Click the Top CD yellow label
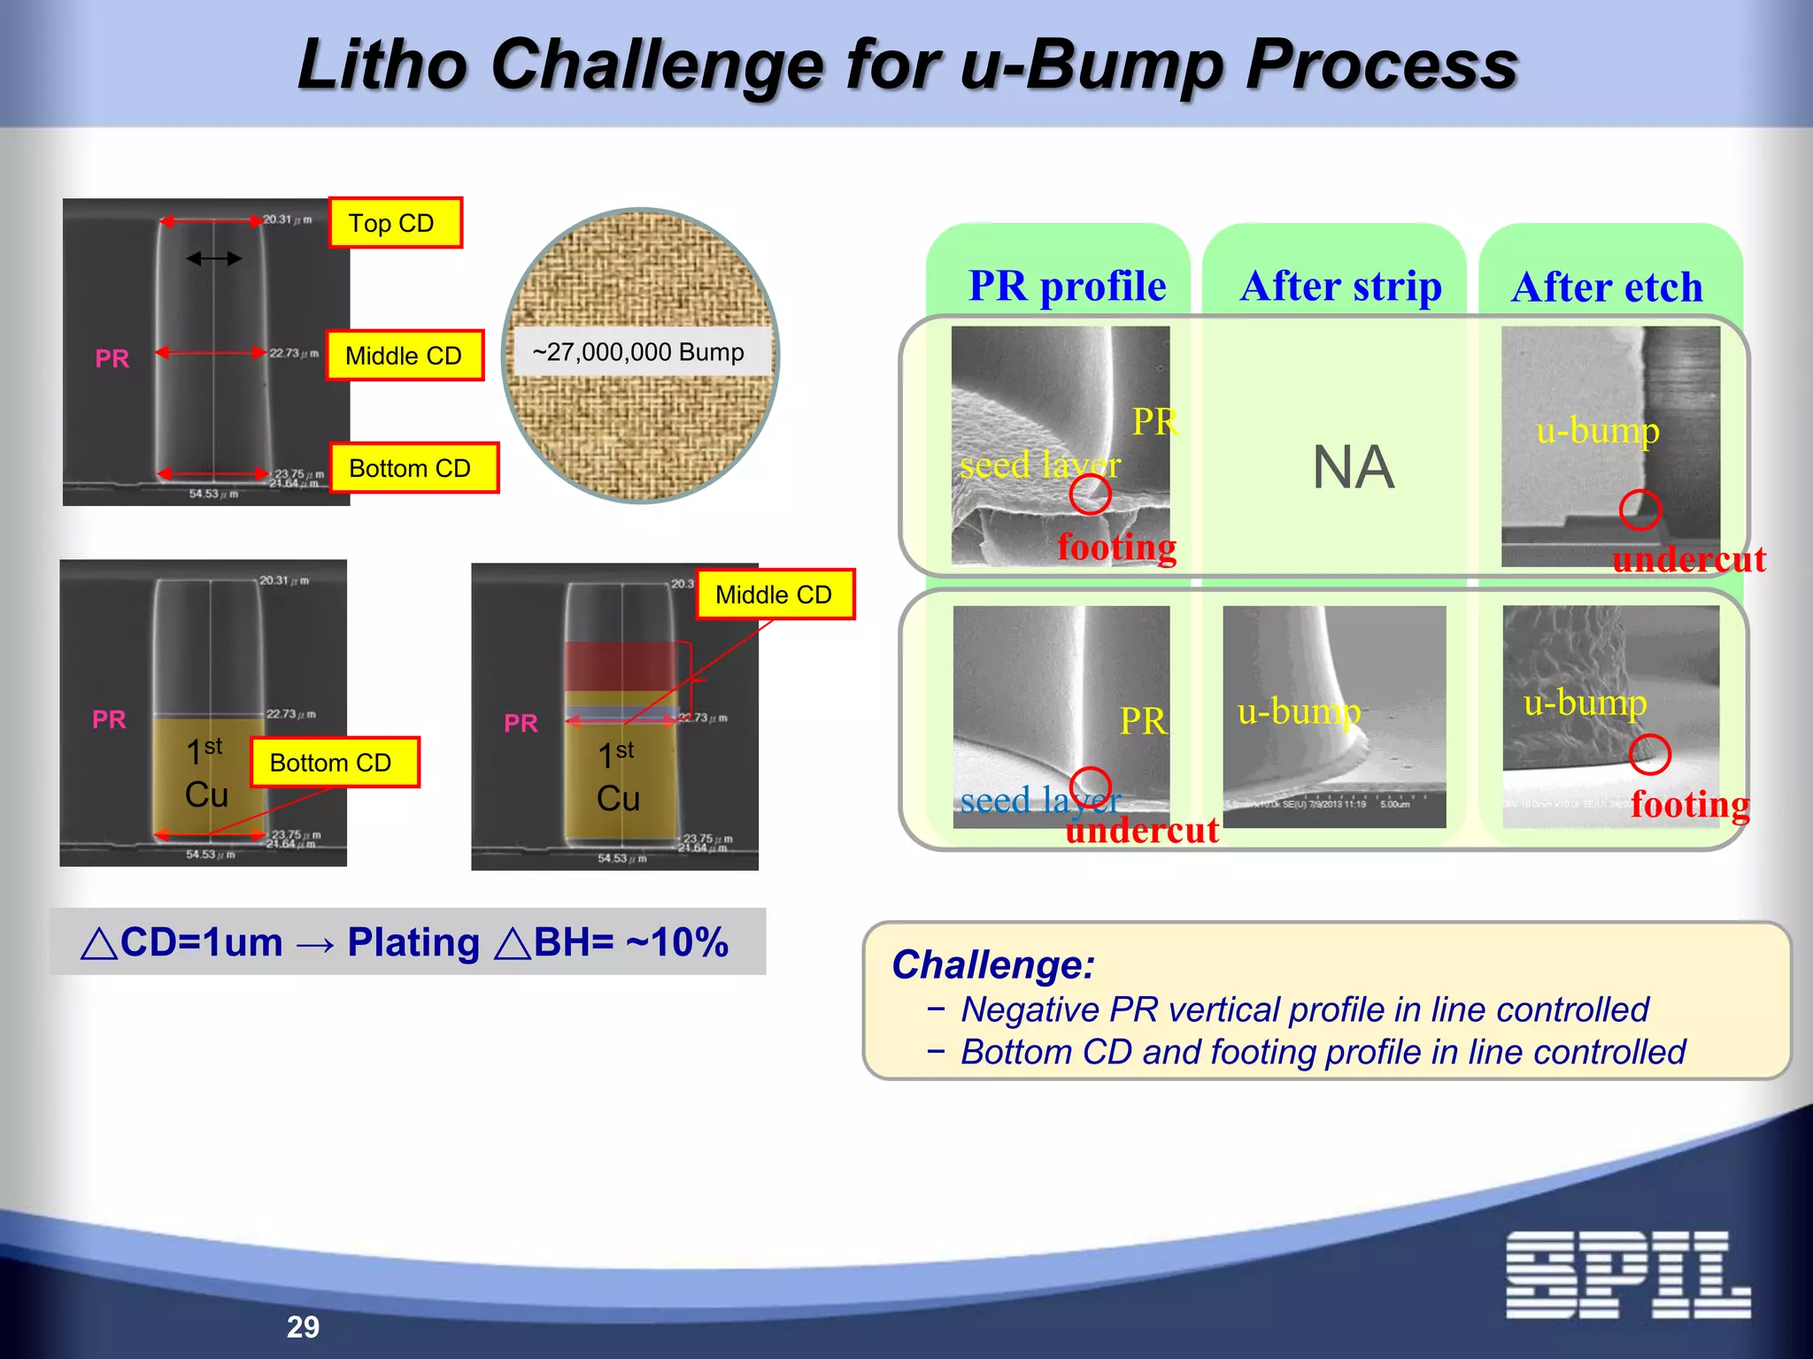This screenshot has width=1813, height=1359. coord(395,223)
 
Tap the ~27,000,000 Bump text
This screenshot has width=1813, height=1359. coord(638,352)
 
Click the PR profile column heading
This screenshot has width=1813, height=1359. coord(1067,286)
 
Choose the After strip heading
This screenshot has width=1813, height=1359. coord(1340,286)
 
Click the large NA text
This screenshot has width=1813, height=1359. coord(1353,467)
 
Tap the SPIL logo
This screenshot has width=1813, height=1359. coord(1627,1275)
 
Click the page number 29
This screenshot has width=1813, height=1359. coord(303,1326)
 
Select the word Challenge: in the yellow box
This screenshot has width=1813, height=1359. coord(992,964)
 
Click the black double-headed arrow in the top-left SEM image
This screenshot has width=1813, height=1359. coord(213,258)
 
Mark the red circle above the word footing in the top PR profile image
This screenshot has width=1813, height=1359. coord(1090,495)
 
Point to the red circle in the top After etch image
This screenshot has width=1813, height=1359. coord(1639,511)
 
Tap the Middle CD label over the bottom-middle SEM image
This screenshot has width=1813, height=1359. coord(775,595)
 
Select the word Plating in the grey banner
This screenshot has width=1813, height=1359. coord(413,942)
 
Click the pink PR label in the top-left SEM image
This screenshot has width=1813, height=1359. coord(112,358)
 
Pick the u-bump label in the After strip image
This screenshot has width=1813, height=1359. coord(1298,710)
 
